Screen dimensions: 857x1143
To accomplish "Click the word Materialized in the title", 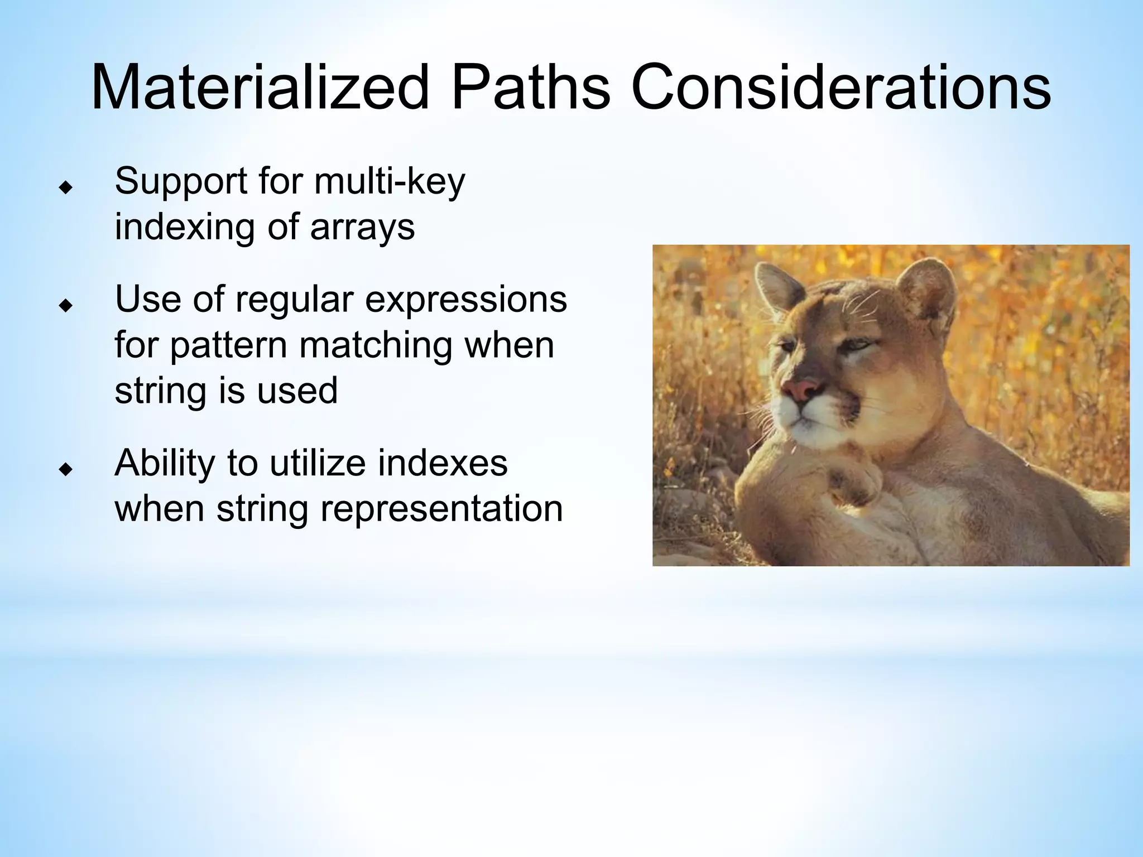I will click(260, 88).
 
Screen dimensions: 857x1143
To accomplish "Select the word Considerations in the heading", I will click(841, 88).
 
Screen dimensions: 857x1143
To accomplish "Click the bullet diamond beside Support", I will click(66, 188).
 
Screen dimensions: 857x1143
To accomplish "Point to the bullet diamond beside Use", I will click(66, 306).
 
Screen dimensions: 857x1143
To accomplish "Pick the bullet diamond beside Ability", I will click(66, 470).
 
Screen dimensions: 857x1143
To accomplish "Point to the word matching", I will click(375, 345).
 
